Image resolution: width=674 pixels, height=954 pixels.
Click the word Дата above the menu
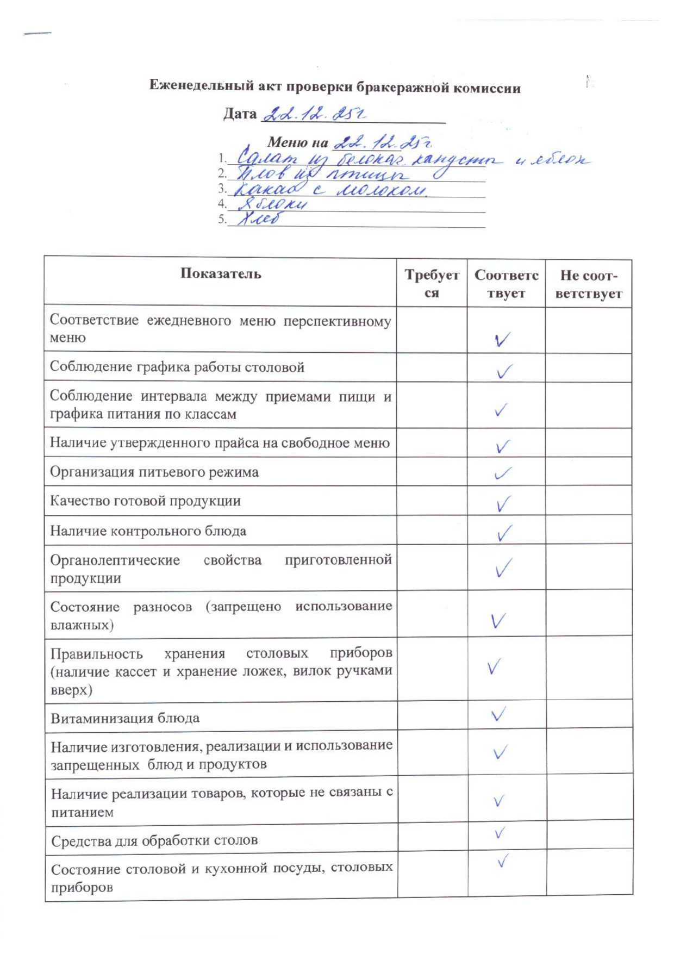(x=240, y=114)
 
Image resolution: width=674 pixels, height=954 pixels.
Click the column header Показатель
(x=221, y=273)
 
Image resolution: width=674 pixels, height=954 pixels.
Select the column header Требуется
(x=432, y=284)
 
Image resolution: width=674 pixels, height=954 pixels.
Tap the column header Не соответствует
(x=589, y=284)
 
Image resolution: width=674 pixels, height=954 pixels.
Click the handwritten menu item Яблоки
(x=272, y=204)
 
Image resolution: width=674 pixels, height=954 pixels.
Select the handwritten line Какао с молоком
(x=329, y=189)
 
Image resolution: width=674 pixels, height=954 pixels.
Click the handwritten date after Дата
(x=314, y=114)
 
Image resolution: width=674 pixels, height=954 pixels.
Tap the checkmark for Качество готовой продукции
(x=503, y=504)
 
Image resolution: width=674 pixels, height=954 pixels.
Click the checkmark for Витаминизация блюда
(x=498, y=714)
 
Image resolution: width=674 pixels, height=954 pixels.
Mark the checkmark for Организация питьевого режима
(x=503, y=473)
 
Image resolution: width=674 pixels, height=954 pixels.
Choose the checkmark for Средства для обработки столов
(x=499, y=833)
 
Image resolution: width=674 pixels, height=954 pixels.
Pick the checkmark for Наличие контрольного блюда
(x=504, y=533)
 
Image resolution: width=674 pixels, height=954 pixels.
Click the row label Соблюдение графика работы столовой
(x=177, y=367)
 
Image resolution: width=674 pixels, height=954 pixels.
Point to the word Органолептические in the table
(x=115, y=560)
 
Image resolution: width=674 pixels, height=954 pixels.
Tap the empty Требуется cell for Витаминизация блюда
(x=432, y=715)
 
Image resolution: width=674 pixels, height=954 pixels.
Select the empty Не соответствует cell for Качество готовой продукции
(x=589, y=501)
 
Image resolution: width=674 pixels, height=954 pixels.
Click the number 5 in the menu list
(x=221, y=220)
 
